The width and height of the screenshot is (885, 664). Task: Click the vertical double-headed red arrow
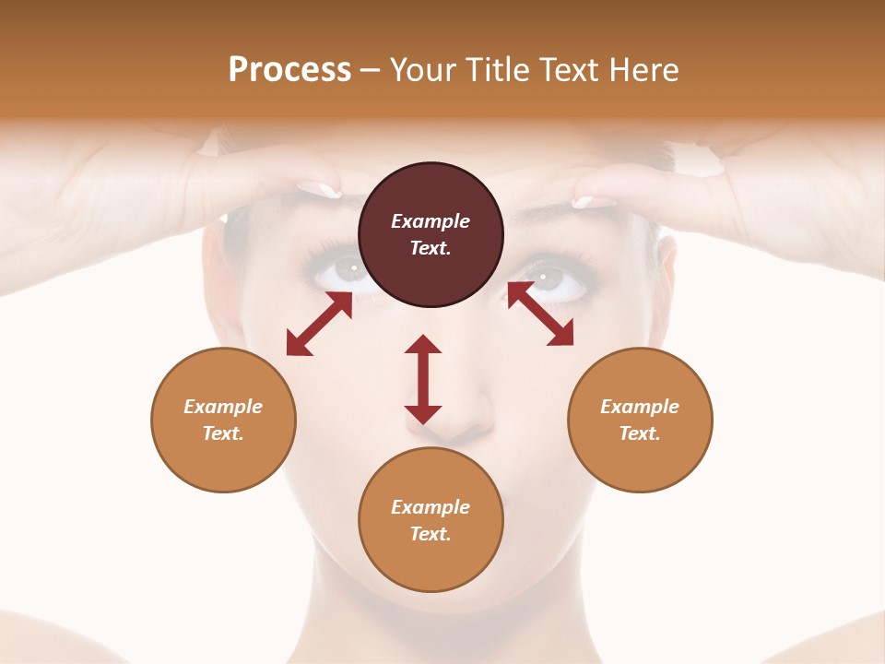click(x=423, y=379)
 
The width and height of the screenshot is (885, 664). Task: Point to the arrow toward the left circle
click(x=319, y=324)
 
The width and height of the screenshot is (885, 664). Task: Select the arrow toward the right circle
click(x=540, y=314)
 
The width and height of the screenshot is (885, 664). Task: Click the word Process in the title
click(x=289, y=70)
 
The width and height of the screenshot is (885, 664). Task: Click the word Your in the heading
click(x=423, y=70)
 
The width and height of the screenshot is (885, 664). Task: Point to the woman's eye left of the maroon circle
click(x=348, y=269)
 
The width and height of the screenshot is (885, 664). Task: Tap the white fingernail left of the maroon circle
click(x=319, y=189)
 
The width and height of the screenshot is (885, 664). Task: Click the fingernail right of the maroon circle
click(x=594, y=201)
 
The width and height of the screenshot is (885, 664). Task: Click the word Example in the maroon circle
click(x=431, y=221)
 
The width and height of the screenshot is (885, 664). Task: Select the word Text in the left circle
click(x=223, y=433)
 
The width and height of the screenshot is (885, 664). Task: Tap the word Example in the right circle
click(x=640, y=407)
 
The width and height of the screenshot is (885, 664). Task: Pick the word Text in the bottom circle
click(x=431, y=534)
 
